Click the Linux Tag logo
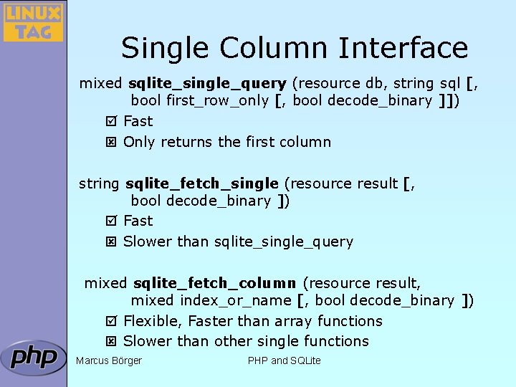(33, 22)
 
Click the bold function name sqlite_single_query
(207, 83)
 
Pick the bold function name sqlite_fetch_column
(214, 283)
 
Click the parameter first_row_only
(218, 100)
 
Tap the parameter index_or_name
(236, 300)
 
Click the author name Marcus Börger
(109, 360)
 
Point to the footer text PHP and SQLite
(284, 360)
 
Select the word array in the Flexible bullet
(293, 321)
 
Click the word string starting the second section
(100, 183)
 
